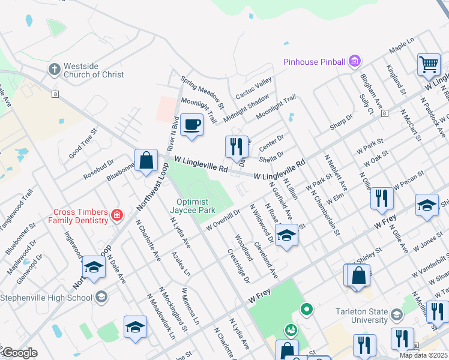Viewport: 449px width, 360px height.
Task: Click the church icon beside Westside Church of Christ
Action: pos(54,70)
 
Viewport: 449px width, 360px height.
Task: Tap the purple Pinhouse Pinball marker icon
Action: pos(355,61)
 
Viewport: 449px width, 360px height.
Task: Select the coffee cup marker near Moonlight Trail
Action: pos(191,125)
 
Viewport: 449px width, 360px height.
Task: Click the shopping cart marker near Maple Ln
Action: pos(429,64)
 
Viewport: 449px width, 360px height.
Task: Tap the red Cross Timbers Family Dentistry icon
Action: pos(117,215)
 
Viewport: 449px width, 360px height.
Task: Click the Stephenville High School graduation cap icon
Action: pos(101,297)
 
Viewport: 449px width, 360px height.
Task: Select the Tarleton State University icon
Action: pos(396,314)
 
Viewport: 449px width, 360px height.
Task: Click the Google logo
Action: pos(19,353)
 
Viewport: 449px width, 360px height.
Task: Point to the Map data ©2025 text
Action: pos(423,355)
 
